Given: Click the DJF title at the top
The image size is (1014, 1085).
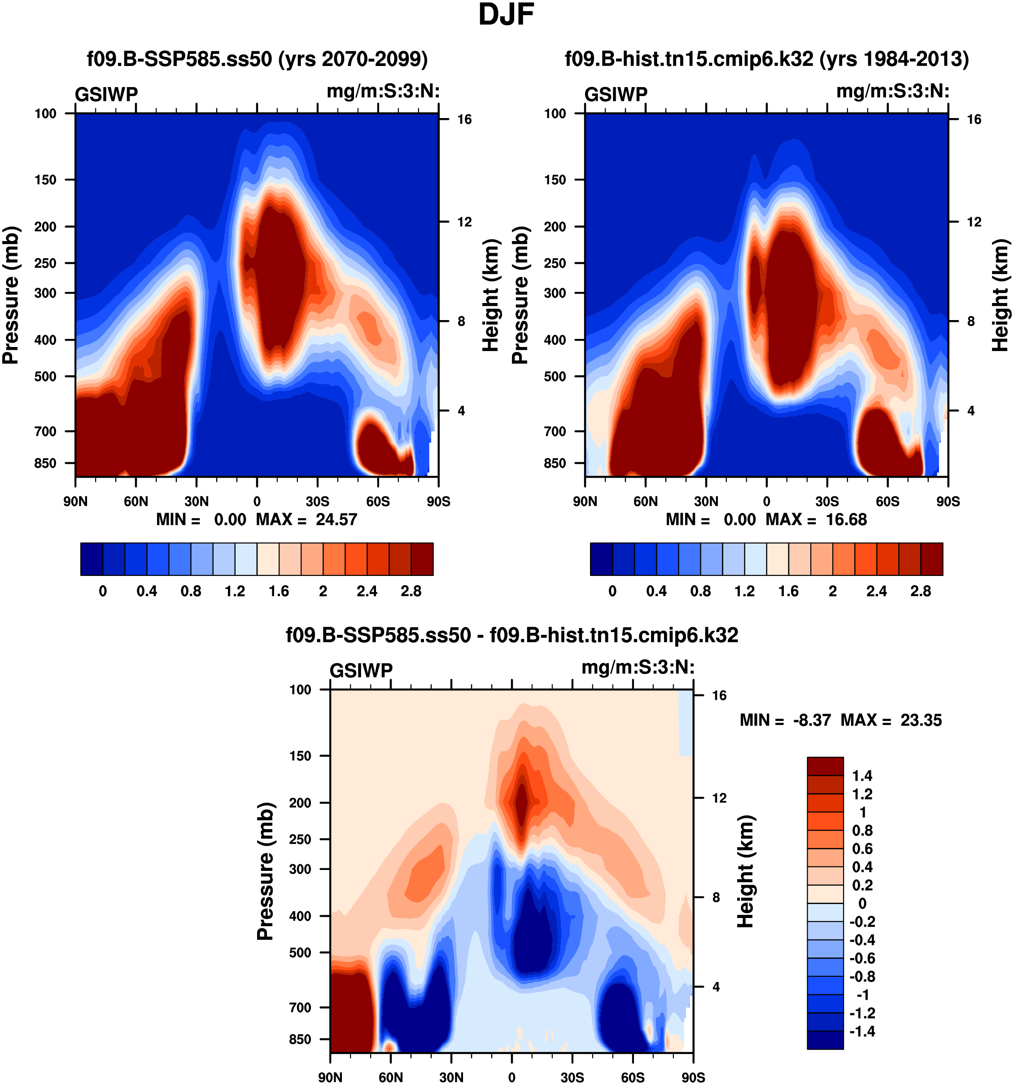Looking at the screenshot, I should tap(506, 15).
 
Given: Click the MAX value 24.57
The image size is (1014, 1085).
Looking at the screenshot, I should tap(336, 519).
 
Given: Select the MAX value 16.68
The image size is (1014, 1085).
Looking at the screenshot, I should tap(846, 519).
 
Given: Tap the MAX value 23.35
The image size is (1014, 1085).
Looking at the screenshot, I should tap(921, 720).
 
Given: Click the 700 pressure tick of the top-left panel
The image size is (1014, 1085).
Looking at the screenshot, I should tap(45, 431).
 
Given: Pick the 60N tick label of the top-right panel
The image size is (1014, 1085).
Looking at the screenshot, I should tap(645, 501).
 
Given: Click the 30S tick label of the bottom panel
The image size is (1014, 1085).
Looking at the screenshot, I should tap(572, 1077).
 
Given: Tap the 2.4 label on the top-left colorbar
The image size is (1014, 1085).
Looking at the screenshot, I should tap(367, 591).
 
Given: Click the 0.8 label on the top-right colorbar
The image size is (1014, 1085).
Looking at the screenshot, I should tap(700, 591).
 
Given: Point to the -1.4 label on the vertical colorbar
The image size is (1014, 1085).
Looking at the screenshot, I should tap(862, 1031).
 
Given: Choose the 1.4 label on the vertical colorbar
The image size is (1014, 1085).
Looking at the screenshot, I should tap(862, 776).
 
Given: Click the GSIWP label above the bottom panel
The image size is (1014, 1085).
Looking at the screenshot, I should tap(361, 670).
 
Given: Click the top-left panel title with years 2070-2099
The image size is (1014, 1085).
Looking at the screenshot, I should tap(257, 58).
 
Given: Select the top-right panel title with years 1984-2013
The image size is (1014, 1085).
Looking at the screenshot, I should tap(766, 58).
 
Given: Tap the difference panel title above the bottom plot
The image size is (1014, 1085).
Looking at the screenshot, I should tap(511, 635).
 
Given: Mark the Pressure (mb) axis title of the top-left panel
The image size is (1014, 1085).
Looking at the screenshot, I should tap(11, 295).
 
